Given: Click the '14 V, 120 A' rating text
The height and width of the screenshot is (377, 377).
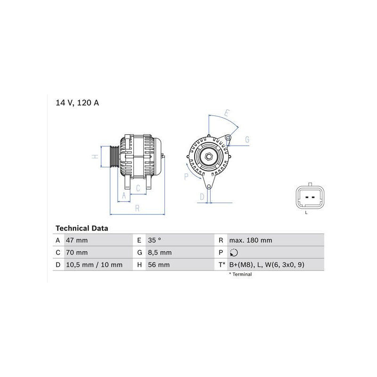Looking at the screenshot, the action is point(77,103).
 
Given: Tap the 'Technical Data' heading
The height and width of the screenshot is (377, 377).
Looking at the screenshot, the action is point(82,228).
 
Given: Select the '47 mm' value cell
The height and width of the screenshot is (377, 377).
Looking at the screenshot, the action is point(77,240).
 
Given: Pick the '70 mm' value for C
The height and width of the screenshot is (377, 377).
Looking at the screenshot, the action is point(77,253).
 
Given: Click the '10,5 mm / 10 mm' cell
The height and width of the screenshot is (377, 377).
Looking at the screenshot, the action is point(94,265).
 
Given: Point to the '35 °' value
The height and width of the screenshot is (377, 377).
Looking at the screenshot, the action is point(155,240).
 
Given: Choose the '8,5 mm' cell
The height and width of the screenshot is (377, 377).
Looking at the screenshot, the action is point(160,253).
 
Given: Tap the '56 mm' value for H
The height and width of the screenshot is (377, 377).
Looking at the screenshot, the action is point(159,265).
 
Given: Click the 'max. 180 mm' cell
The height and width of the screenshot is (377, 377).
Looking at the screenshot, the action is point(251,240).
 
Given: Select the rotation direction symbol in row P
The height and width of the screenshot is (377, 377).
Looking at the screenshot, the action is point(234,253).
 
